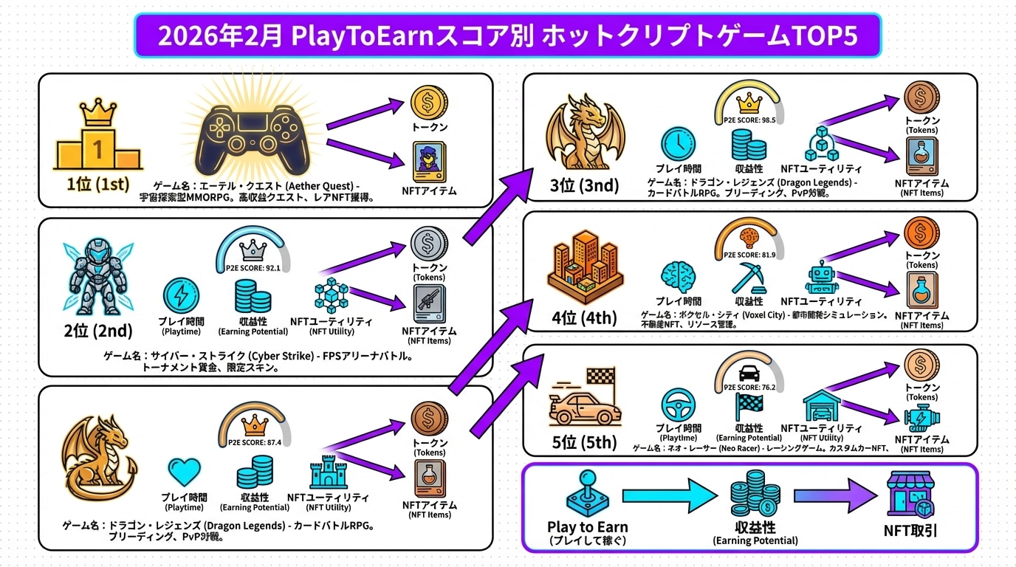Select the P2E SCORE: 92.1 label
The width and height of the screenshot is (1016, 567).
coord(253,268)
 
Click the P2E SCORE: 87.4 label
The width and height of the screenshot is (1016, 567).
coord(255,441)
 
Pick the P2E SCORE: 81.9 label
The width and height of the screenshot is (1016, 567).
coord(749,255)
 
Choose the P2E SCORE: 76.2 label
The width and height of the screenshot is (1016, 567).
coord(749,386)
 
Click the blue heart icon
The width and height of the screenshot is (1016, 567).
coord(184,471)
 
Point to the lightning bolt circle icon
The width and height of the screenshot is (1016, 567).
coord(181,295)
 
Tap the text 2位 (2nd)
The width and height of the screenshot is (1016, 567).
coord(98,331)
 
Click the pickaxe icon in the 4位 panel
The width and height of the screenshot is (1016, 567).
coord(749,278)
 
